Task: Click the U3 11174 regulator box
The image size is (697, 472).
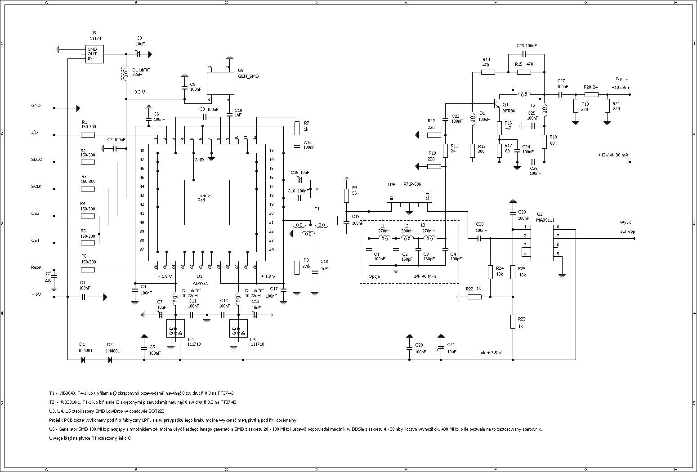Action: point(94,54)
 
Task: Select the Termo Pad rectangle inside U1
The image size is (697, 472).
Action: point(207,202)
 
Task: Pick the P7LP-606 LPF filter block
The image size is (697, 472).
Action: point(409,196)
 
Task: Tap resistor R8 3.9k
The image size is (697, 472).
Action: point(297,267)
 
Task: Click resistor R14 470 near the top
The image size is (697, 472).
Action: point(488,72)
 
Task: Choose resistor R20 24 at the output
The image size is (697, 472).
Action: point(591,94)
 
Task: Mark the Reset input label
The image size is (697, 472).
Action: point(36,267)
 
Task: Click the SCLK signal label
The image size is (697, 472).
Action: point(36,187)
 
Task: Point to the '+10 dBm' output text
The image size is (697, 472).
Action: point(620,87)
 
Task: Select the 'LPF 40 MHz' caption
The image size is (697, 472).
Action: point(424,276)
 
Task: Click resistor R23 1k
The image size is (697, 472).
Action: point(513,321)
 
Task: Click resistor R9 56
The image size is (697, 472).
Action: point(346,196)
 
